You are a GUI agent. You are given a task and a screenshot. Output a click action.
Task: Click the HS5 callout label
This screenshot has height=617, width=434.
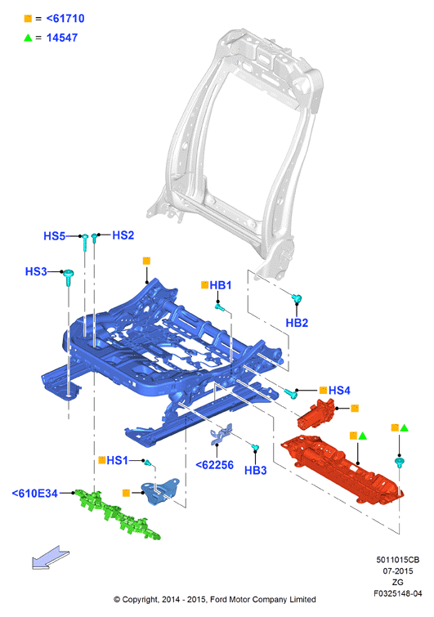[54, 236]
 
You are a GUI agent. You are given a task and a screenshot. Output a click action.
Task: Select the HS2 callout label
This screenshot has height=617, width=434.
[123, 235]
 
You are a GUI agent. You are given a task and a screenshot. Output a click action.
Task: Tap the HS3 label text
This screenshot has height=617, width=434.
[36, 271]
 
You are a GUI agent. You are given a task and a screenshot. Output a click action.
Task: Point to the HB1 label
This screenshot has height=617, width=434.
[221, 285]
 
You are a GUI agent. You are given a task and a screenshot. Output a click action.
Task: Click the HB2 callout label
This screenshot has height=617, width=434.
[297, 323]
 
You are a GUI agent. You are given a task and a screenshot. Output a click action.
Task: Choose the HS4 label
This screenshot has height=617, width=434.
[339, 391]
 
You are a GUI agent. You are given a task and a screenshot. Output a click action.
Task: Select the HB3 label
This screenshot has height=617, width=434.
[255, 470]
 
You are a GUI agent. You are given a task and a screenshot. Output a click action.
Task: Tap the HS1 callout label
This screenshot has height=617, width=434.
[117, 460]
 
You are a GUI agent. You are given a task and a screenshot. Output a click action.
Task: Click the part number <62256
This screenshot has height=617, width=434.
[214, 465]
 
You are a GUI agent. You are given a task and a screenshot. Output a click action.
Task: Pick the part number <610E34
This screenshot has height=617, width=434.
[34, 494]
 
